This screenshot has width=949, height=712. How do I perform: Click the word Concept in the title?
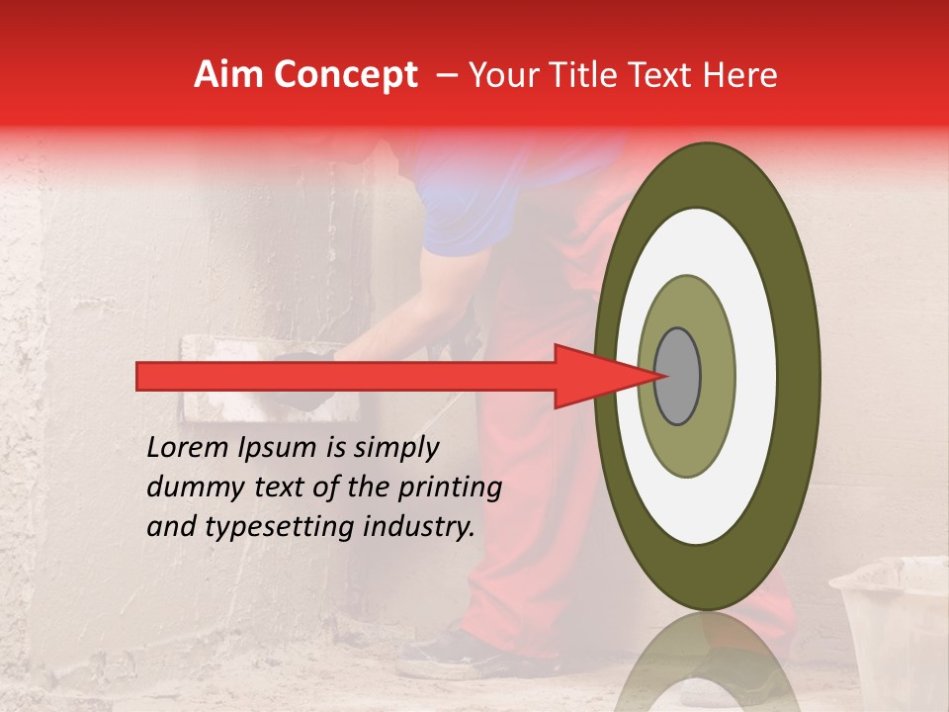346,75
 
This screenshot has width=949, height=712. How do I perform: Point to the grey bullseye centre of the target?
677,376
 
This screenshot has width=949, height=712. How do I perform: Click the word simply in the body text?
395,447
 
